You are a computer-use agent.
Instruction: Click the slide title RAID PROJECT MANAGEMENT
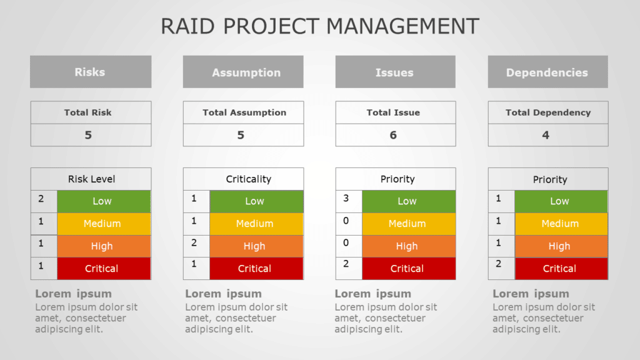point(320,26)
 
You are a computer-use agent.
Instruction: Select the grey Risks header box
point(91,72)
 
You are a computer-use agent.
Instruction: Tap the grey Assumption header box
point(243,72)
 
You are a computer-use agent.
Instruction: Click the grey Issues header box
point(395,72)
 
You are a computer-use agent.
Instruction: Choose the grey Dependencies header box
point(547,72)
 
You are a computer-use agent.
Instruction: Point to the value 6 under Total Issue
point(393,135)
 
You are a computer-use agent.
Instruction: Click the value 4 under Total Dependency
point(546,135)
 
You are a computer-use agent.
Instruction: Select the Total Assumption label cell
point(244,112)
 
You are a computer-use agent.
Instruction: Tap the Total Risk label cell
point(88,112)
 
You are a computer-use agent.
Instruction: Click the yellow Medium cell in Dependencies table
point(561,224)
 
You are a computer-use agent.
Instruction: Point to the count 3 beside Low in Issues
point(346,199)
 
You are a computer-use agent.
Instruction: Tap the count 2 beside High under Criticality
point(194,243)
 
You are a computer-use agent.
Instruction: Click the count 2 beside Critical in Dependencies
point(499,265)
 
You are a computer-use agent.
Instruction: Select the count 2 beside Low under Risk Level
point(41,199)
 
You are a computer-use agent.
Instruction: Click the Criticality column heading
point(249,179)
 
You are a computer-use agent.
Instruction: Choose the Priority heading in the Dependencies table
point(550,179)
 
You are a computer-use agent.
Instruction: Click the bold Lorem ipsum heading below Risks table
point(74,294)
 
